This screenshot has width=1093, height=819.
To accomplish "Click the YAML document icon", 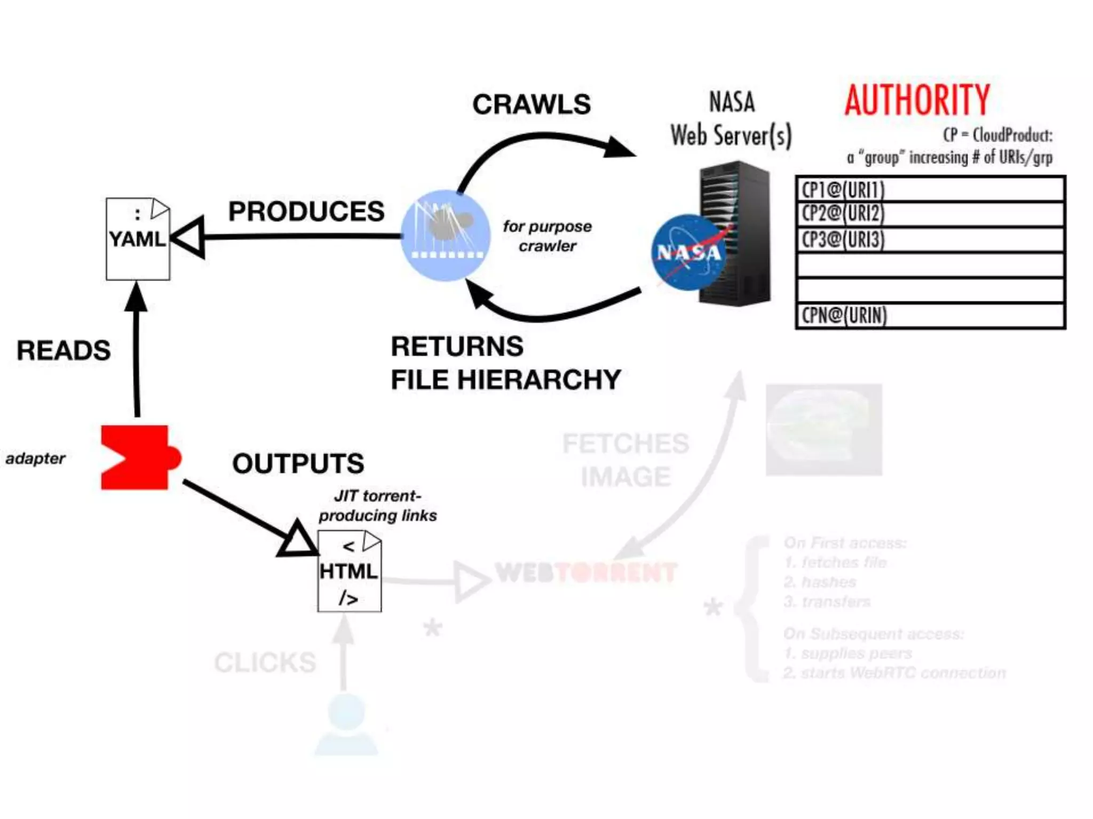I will click(x=138, y=239).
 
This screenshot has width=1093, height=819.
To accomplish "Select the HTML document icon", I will click(x=349, y=571).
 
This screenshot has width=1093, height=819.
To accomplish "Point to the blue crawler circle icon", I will click(x=445, y=235).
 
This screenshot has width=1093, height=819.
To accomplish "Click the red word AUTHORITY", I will click(x=917, y=100).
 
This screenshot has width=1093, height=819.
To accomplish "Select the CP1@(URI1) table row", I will click(x=930, y=189).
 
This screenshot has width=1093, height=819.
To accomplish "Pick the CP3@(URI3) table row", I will click(x=930, y=240).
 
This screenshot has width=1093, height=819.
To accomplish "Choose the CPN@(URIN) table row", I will click(x=930, y=316).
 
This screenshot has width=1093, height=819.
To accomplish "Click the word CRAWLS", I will click(x=532, y=104).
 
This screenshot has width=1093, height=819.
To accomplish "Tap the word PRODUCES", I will click(x=306, y=212).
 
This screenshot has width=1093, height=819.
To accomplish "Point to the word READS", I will click(x=64, y=350).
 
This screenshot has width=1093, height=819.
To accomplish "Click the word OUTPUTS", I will click(x=298, y=463).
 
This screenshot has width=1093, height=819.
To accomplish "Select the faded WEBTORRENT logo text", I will click(x=586, y=573).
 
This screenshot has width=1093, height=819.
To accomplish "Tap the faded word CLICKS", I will click(x=265, y=662).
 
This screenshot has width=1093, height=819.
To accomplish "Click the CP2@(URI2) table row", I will click(x=930, y=214).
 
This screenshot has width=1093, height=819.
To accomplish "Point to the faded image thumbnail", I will click(x=823, y=429).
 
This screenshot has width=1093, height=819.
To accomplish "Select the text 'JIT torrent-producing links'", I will click(x=377, y=505).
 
